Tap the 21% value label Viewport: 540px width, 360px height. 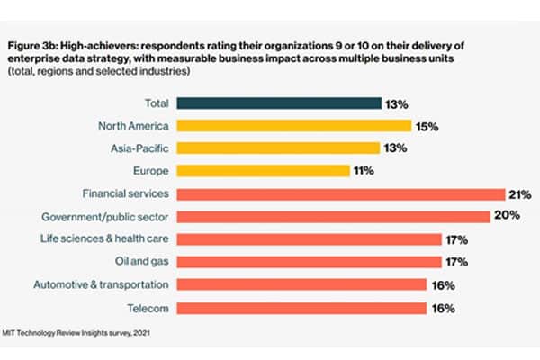(520, 194)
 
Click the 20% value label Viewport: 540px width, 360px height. (505, 217)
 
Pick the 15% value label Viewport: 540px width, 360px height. (427, 126)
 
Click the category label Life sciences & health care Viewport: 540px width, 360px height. (112, 239)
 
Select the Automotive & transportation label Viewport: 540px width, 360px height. (102, 285)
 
